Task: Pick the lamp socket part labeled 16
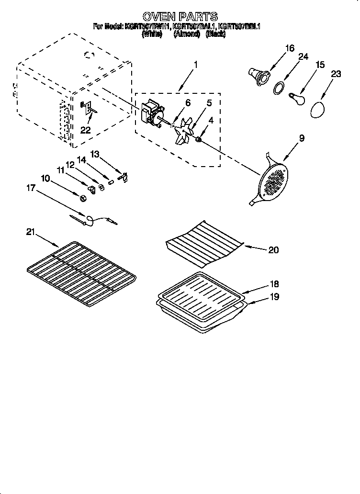(259, 76)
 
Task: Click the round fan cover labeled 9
(273, 181)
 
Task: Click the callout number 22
(86, 130)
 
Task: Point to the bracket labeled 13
(124, 178)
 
